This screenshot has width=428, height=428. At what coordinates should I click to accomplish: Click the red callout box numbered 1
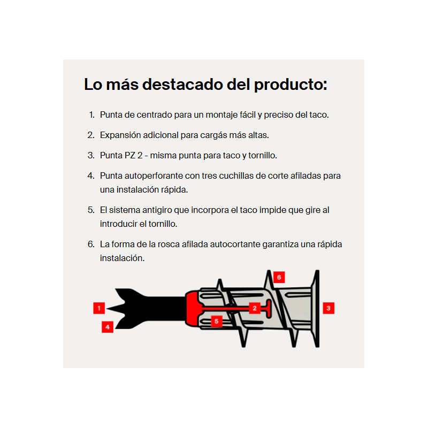99,308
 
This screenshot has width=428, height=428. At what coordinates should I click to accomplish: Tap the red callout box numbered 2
255,308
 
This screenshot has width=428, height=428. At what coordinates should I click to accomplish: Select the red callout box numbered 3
328,308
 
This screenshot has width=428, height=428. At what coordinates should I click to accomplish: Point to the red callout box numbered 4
108,327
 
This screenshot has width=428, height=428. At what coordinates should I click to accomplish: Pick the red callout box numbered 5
217,322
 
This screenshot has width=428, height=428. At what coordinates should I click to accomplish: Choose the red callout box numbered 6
279,277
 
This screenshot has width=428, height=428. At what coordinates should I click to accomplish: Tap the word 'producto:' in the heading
291,85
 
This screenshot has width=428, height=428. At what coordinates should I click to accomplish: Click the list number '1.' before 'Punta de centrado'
92,114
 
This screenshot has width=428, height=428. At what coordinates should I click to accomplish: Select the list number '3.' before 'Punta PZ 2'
91,155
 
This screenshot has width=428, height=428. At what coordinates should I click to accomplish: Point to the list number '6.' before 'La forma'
91,244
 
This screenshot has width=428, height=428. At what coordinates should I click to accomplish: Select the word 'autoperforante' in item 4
154,176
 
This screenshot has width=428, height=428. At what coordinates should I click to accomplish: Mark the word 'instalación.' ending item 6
122,258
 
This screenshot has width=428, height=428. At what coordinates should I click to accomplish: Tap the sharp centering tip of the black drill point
108,309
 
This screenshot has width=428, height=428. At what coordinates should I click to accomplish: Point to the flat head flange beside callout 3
316,309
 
